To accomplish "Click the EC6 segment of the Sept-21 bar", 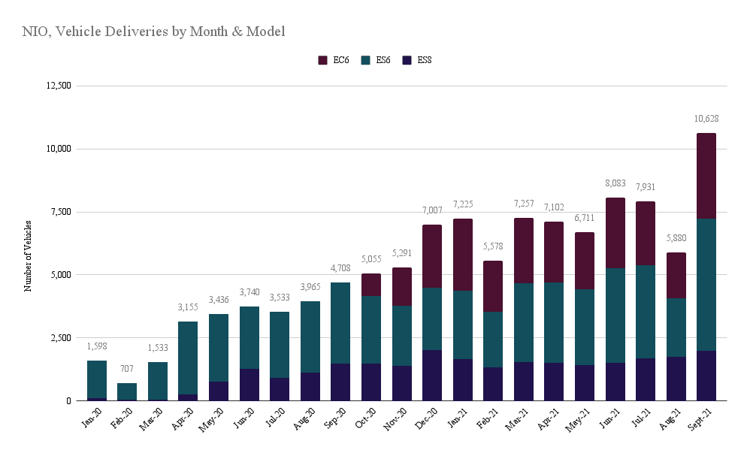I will tap(706, 176).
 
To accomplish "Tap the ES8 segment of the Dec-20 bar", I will tap(431, 375).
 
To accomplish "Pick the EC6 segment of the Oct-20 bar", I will tap(370, 285).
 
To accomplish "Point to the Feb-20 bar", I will tap(127, 391).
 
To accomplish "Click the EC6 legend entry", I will tap(334, 60).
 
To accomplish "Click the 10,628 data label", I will tap(706, 119).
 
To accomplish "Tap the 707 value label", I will tap(127, 369).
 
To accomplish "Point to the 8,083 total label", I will tap(615, 183).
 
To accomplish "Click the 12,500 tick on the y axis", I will tap(58, 86).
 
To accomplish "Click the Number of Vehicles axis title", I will tap(28, 255).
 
